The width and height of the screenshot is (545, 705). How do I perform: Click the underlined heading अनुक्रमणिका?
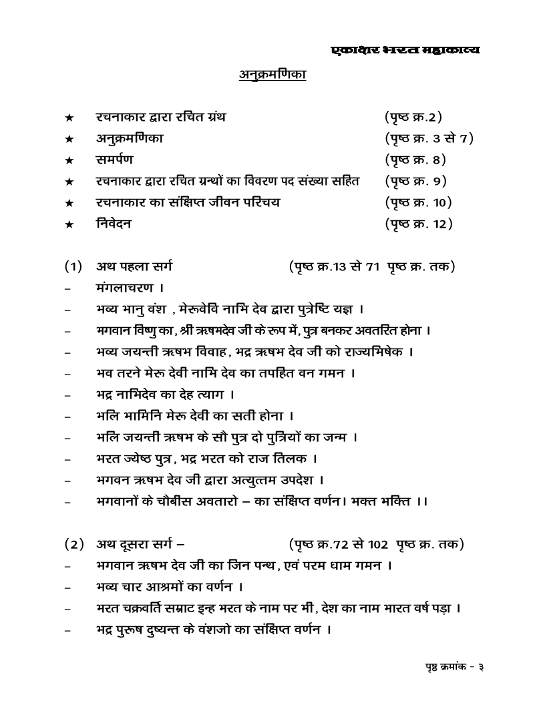click(272, 75)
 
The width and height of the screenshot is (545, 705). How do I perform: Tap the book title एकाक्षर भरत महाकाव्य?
click(405, 50)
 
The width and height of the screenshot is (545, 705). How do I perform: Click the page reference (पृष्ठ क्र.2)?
click(413, 117)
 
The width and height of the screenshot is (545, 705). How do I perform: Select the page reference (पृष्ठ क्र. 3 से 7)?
click(429, 139)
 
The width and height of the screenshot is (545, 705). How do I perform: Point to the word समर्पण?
click(114, 160)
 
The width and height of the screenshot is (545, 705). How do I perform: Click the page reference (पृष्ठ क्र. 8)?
click(415, 160)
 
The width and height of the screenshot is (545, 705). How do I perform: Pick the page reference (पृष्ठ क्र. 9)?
click(415, 181)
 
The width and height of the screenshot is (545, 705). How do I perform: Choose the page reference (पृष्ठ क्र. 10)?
click(419, 202)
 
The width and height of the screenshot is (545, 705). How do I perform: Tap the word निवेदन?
click(114, 224)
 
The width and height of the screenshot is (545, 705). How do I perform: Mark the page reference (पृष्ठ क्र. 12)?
click(419, 224)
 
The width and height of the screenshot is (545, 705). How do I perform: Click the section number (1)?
click(73, 267)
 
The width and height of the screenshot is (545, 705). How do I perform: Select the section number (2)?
click(73, 544)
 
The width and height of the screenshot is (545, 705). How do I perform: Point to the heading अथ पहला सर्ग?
click(134, 267)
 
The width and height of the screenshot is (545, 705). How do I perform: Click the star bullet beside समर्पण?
click(69, 160)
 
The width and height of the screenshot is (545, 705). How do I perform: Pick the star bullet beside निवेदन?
click(69, 224)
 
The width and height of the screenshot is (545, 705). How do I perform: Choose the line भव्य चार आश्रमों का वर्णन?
click(169, 587)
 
